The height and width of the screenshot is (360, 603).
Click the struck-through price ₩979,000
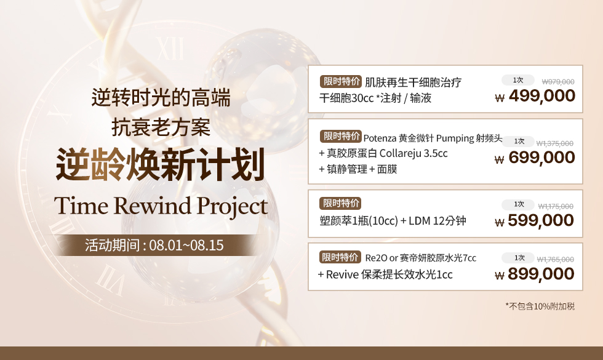pyautogui.click(x=558, y=81)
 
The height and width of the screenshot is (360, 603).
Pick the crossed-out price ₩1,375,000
pyautogui.click(x=555, y=143)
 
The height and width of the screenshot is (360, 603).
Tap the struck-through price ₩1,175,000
pyautogui.click(x=556, y=206)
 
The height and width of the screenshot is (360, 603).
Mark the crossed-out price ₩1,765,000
pyautogui.click(x=555, y=260)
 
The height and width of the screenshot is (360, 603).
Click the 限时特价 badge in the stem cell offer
pyautogui.click(x=341, y=81)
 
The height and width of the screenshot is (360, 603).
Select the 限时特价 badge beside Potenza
pyautogui.click(x=341, y=136)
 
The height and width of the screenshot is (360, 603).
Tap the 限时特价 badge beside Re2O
pyautogui.click(x=340, y=257)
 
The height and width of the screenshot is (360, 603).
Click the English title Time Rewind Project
pyautogui.click(x=161, y=207)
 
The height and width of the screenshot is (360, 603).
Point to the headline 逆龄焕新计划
pyautogui.click(x=161, y=164)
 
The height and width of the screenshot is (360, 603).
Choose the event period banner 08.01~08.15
pyautogui.click(x=154, y=246)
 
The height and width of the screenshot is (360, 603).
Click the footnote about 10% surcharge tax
pyautogui.click(x=540, y=306)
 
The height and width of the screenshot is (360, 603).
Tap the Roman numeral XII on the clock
pyautogui.click(x=170, y=49)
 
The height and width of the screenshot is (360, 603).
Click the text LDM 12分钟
pyautogui.click(x=437, y=221)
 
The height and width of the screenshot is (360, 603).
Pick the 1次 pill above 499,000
pyautogui.click(x=518, y=80)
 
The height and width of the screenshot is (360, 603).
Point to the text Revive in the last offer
pyautogui.click(x=342, y=274)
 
